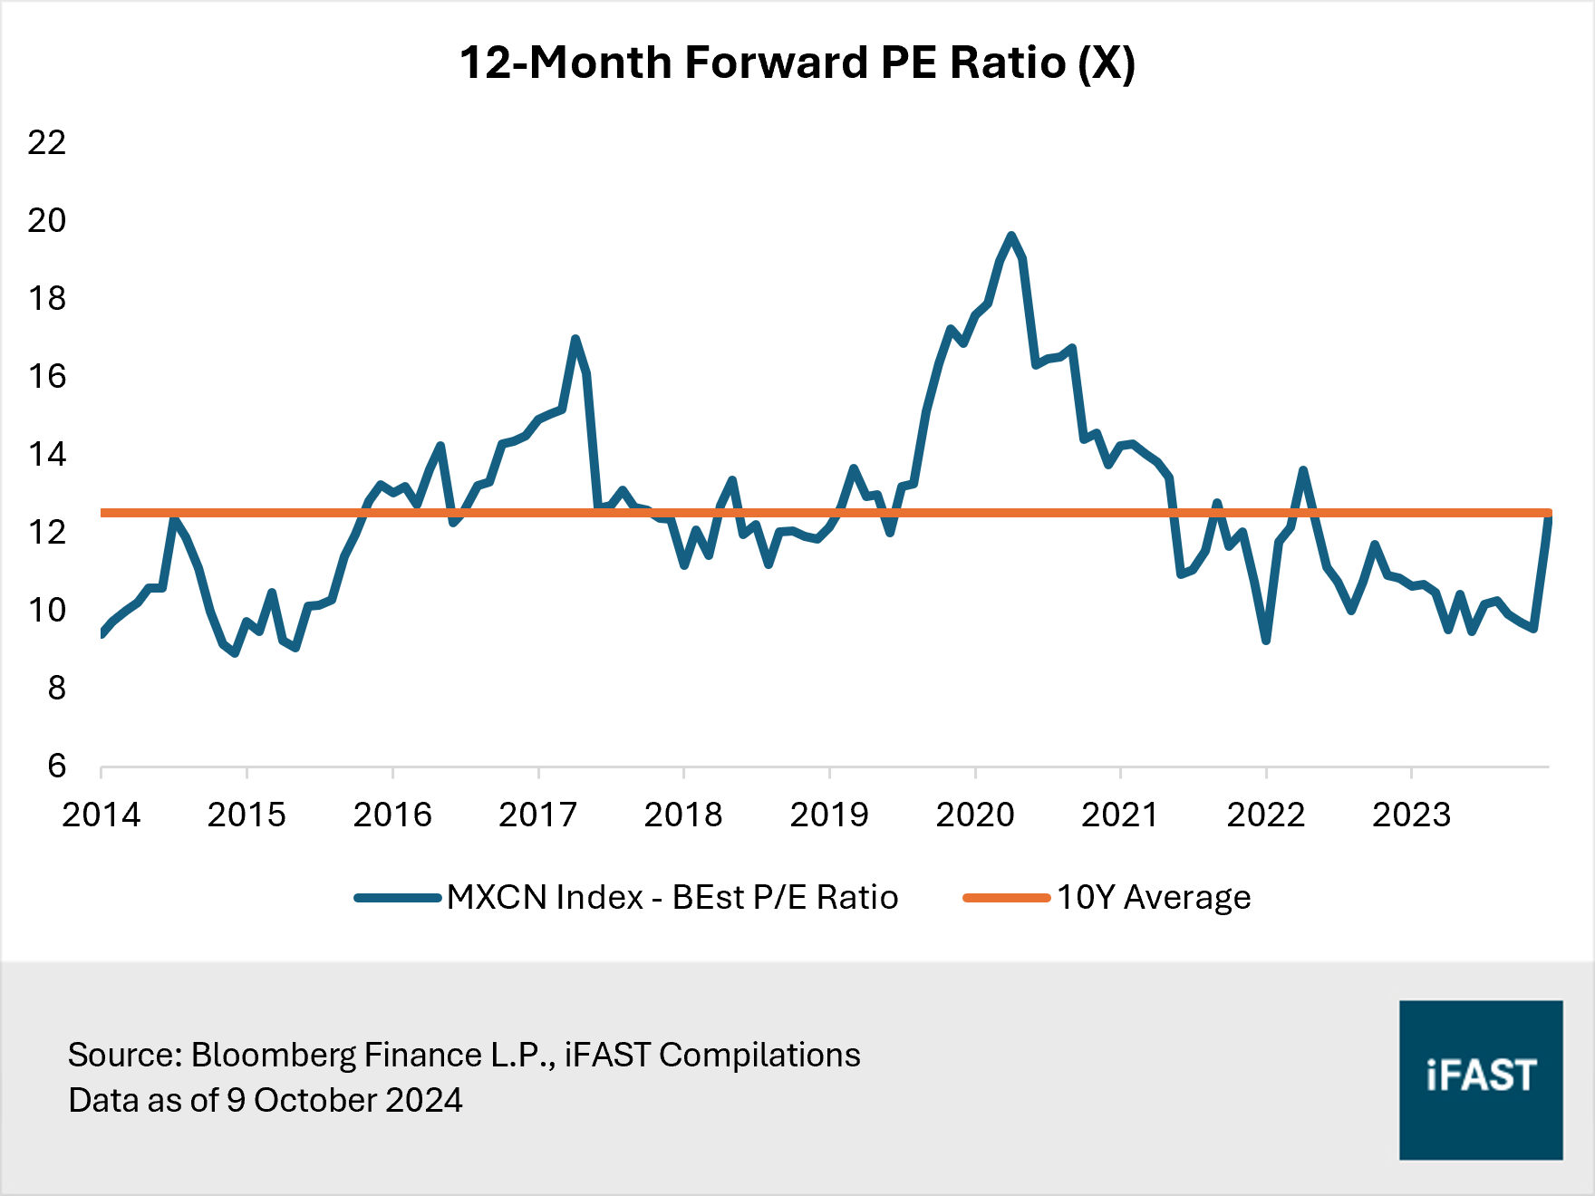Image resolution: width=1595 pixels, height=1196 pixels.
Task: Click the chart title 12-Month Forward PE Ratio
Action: (x=797, y=63)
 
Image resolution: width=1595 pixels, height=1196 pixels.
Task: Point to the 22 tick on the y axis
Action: (x=47, y=142)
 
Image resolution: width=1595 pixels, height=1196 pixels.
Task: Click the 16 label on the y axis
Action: (x=47, y=376)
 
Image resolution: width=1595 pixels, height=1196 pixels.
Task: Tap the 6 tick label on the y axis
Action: (x=56, y=766)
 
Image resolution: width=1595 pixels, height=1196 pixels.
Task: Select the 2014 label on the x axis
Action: (x=101, y=815)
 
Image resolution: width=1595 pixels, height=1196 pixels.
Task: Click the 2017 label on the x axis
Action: (x=537, y=815)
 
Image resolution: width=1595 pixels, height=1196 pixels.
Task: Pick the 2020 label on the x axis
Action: (x=974, y=815)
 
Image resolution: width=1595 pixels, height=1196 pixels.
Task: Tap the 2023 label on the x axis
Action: (x=1411, y=815)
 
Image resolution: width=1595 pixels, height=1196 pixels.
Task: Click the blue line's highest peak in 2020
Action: (x=1011, y=236)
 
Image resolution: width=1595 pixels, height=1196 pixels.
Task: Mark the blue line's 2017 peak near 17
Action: (x=575, y=339)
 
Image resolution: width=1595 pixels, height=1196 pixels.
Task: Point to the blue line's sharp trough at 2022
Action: (x=1266, y=641)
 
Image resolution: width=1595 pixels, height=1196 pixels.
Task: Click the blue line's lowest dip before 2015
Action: (x=235, y=653)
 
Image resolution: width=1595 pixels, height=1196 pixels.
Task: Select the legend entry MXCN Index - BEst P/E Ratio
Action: (x=672, y=897)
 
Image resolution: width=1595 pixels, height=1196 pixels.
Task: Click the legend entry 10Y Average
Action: (x=1153, y=897)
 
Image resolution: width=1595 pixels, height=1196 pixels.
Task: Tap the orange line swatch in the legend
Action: (x=1006, y=898)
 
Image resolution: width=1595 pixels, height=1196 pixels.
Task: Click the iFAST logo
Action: (x=1480, y=1079)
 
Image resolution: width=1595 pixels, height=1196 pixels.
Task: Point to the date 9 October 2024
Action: (x=344, y=1100)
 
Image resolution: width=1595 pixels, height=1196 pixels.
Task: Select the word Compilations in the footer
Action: (x=759, y=1055)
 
